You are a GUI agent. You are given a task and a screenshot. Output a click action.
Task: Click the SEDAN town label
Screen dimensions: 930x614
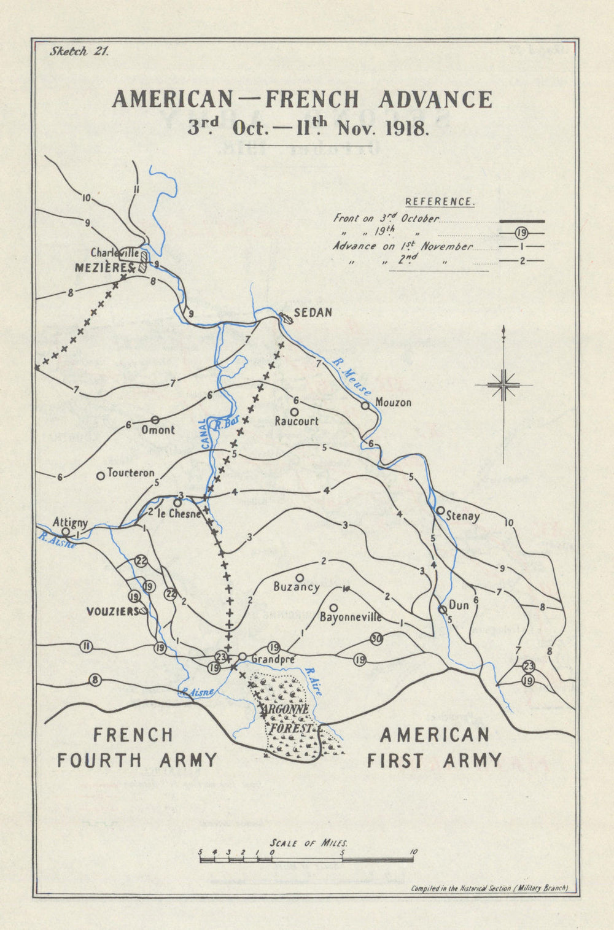[313, 312]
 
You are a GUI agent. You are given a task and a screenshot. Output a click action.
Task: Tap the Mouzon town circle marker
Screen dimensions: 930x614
[365, 405]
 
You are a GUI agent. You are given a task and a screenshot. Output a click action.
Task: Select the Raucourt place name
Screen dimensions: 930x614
[297, 421]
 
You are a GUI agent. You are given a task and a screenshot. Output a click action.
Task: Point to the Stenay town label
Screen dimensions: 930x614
[463, 516]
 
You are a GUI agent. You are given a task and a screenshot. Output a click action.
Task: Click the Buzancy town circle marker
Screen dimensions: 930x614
[300, 577]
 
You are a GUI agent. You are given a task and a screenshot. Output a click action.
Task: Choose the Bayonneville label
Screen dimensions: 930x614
[351, 617]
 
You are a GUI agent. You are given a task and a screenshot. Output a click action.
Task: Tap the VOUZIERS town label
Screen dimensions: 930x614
[112, 611]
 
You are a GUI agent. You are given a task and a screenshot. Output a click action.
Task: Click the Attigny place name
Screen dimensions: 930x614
[70, 522]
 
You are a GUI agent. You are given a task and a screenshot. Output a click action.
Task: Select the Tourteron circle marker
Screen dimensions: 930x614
[100, 476]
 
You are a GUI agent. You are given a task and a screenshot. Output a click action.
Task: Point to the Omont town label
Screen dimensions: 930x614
[158, 430]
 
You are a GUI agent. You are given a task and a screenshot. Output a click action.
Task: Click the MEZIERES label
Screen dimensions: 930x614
[104, 268]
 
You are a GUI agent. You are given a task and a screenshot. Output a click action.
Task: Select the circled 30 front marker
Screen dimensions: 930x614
[376, 639]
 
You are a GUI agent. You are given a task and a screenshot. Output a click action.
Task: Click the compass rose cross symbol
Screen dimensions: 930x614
[503, 386]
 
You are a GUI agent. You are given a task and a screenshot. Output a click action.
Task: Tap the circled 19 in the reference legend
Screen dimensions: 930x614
[521, 233]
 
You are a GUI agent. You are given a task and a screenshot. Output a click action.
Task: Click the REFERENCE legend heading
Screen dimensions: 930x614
[439, 201]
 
